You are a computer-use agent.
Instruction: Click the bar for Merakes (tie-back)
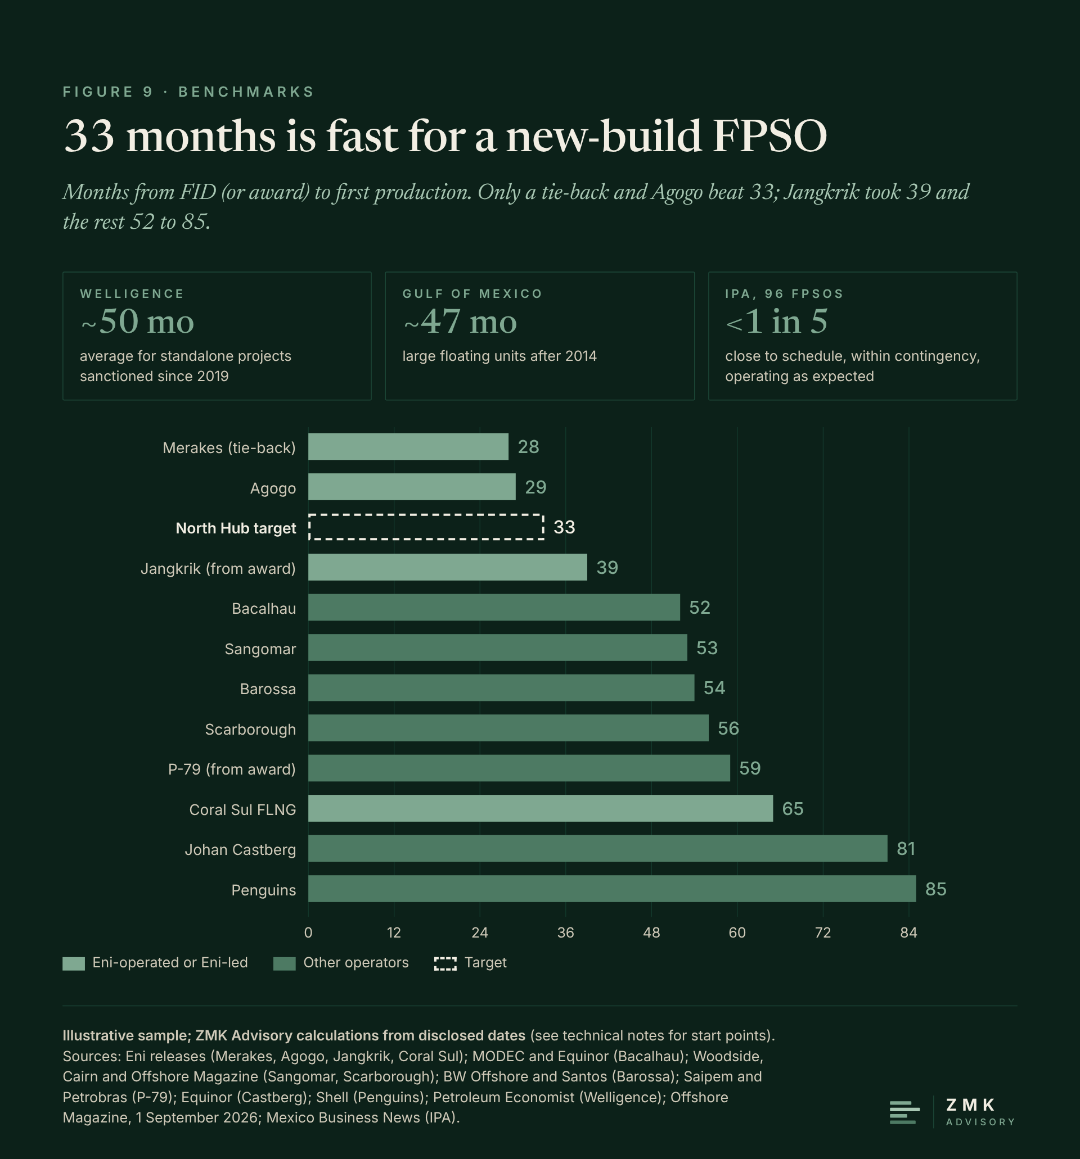pos(408,447)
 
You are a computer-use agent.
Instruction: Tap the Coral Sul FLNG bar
pos(541,808)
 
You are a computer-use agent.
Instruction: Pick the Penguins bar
pos(612,889)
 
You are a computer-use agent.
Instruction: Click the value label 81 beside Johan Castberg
pos(906,848)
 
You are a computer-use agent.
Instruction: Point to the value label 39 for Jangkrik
pos(607,567)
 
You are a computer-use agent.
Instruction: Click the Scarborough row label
pos(250,730)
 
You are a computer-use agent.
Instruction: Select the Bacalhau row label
pos(264,609)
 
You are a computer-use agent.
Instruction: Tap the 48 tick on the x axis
pos(651,933)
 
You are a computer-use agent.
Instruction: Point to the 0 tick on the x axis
pos(308,933)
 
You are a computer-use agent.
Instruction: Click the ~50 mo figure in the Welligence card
pos(137,322)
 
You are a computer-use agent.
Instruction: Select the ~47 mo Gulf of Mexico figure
pos(460,322)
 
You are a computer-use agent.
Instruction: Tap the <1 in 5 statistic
pos(777,322)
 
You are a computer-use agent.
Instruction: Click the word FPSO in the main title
pos(769,136)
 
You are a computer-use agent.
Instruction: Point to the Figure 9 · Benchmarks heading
pos(188,92)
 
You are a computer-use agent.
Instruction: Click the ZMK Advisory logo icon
pos(904,1112)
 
